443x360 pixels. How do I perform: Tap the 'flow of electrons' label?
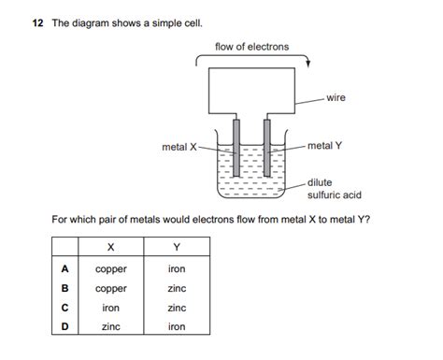251,47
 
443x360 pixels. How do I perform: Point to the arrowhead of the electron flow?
309,64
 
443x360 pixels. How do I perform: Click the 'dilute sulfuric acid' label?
334,189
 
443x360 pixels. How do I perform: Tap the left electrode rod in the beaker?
237,155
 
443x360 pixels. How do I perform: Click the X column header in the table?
111,249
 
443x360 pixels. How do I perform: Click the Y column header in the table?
177,249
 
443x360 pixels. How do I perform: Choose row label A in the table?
64,269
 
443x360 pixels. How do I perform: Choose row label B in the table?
64,289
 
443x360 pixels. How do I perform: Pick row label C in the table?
64,308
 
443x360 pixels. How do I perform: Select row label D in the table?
64,327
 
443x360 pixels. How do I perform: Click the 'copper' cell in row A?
111,269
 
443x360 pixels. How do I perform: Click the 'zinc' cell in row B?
177,289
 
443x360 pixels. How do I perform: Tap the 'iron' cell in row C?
111,308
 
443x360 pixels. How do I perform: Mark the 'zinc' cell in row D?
111,327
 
